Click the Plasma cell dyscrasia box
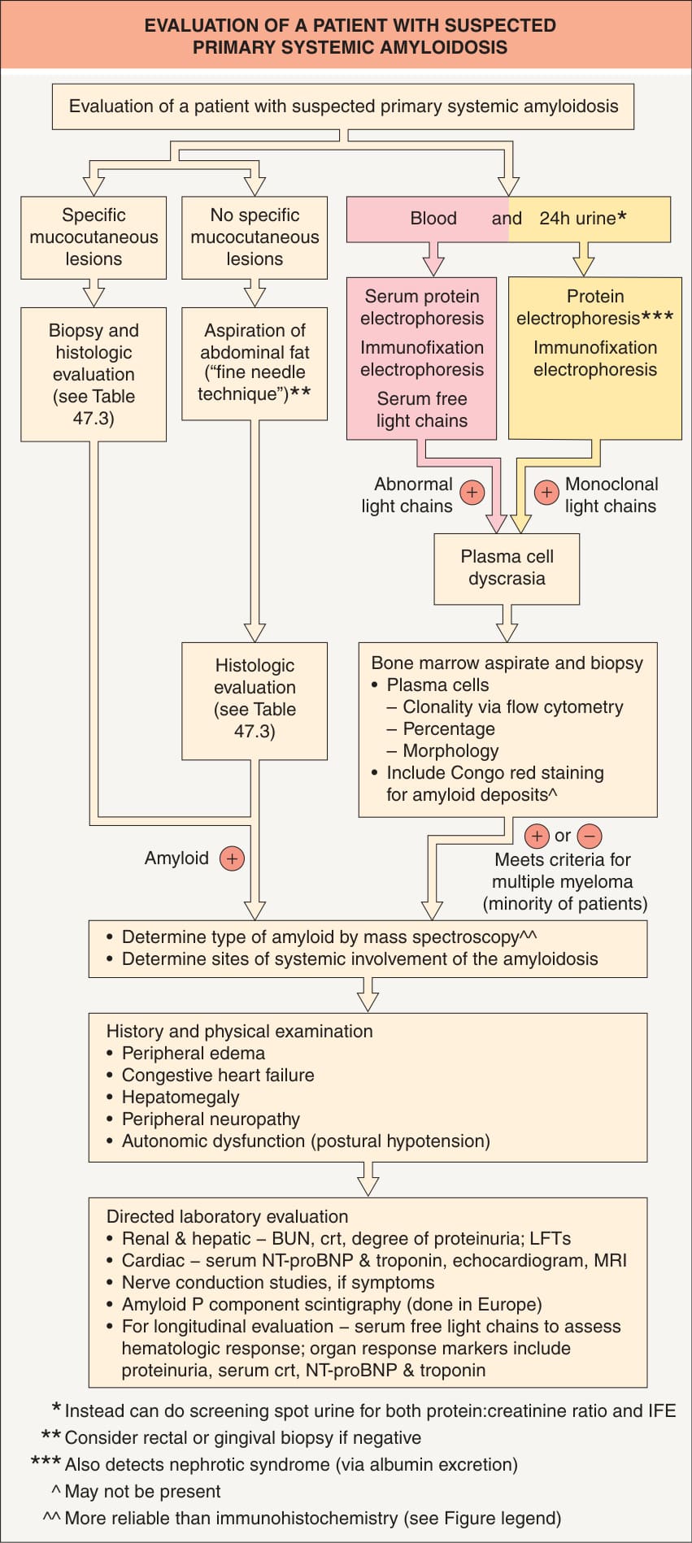coord(507,568)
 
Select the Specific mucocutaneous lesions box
coord(94,237)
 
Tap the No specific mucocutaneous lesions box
coord(255,237)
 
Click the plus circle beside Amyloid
coord(232,858)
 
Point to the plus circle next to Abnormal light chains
coord(472,492)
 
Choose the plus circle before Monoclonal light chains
coord(546,492)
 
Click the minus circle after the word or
coord(590,836)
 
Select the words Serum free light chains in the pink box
coord(422,410)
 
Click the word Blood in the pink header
coord(433,218)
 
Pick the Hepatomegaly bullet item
coord(172,1097)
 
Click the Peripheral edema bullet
coord(185,1054)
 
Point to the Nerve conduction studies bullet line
coord(270,1283)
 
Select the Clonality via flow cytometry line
coord(505,707)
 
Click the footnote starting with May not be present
coord(136,1492)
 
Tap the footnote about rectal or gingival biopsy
coord(231,1438)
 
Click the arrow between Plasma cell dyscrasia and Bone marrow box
coord(507,623)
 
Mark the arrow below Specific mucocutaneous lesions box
coord(94,293)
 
